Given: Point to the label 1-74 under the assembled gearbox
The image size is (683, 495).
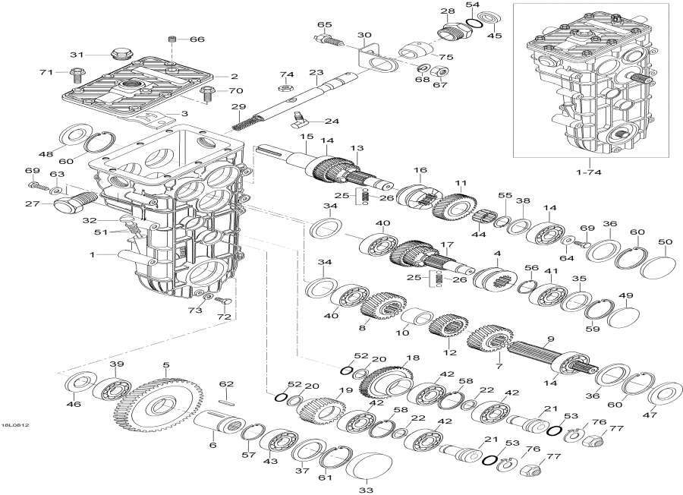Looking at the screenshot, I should (584, 173).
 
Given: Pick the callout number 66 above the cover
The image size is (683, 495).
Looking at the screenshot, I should (197, 39).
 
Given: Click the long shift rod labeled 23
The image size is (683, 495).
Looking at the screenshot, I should (304, 97).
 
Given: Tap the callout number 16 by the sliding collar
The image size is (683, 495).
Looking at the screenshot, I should (419, 169).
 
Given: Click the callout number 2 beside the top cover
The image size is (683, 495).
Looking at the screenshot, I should (234, 76).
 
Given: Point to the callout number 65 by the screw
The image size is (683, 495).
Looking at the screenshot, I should (325, 24).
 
